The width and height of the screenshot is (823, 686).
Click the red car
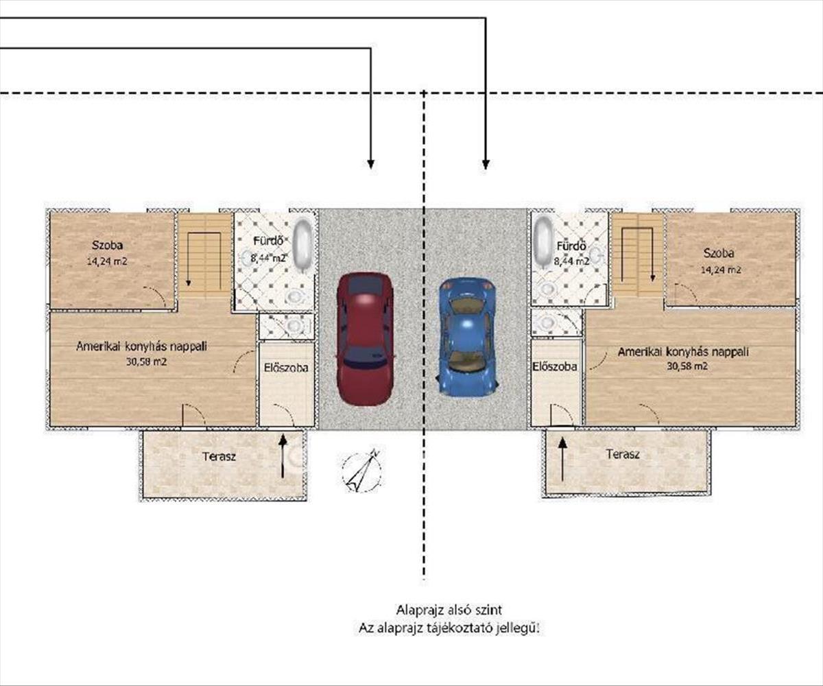coord(365,339)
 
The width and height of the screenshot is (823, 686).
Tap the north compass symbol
coord(362,471)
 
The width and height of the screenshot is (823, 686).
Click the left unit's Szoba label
coord(107,245)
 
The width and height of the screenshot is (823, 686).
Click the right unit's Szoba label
coord(719,253)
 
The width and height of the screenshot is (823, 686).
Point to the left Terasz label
coord(219,457)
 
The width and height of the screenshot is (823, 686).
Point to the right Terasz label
coord(623,454)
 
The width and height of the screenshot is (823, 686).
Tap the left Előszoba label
coord(286,368)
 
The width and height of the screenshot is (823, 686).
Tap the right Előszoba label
coord(555,366)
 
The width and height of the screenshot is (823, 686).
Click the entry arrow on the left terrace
coord(283,456)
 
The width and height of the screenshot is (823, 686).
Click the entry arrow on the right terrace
coord(562,460)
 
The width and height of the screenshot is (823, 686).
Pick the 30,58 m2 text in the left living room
coord(147,362)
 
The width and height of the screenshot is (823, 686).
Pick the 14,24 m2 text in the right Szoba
coord(721,270)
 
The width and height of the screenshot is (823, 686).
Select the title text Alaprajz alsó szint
coord(449,610)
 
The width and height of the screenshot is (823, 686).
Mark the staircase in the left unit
coord(205,255)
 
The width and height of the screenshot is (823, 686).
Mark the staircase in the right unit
coord(637,255)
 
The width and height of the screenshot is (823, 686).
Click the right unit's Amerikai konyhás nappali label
coord(682,352)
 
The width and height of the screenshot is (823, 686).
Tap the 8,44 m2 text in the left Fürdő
coord(268,258)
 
